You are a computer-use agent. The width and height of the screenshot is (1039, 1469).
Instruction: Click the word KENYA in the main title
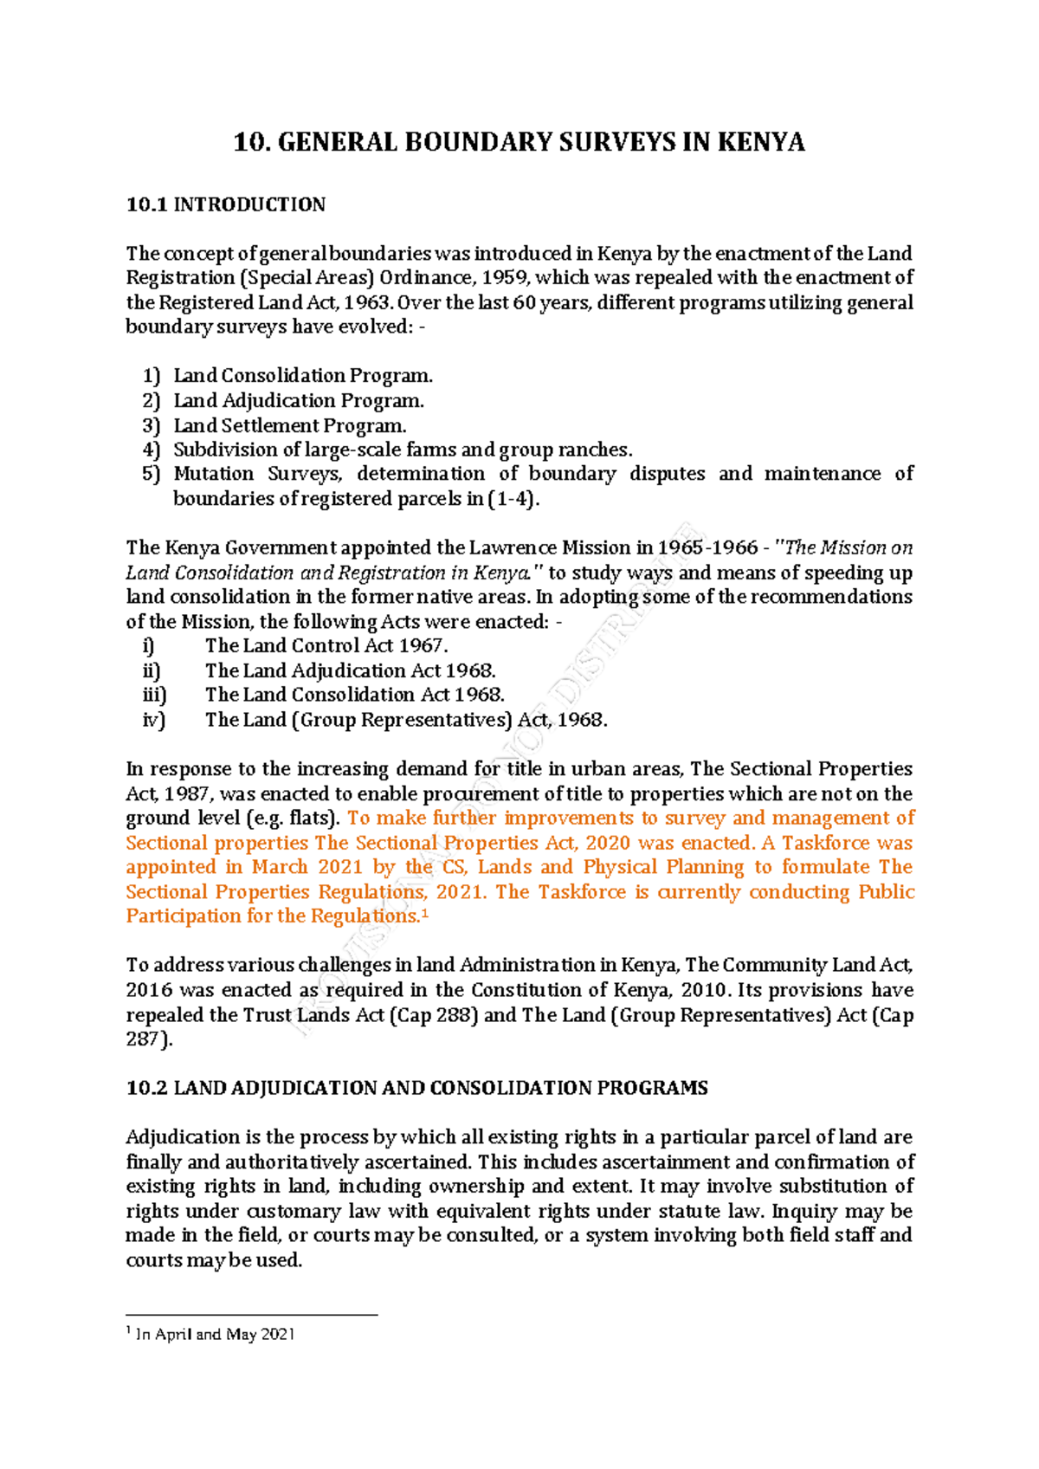tap(761, 142)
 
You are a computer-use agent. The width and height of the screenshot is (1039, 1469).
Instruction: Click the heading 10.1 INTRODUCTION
tap(226, 205)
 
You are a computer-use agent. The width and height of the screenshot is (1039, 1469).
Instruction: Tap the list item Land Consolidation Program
tap(302, 376)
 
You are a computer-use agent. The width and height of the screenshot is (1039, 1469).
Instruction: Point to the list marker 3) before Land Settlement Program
tap(152, 425)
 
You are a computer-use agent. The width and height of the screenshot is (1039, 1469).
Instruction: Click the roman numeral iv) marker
tap(153, 720)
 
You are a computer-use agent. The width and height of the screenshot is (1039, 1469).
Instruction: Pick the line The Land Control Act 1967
tap(326, 646)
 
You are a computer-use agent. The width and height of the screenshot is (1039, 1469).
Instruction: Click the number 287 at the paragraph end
tap(143, 1039)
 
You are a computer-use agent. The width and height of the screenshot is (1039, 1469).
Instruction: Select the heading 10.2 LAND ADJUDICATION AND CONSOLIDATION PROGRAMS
tap(416, 1089)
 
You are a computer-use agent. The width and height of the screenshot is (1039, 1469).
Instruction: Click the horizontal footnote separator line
tap(252, 1315)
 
